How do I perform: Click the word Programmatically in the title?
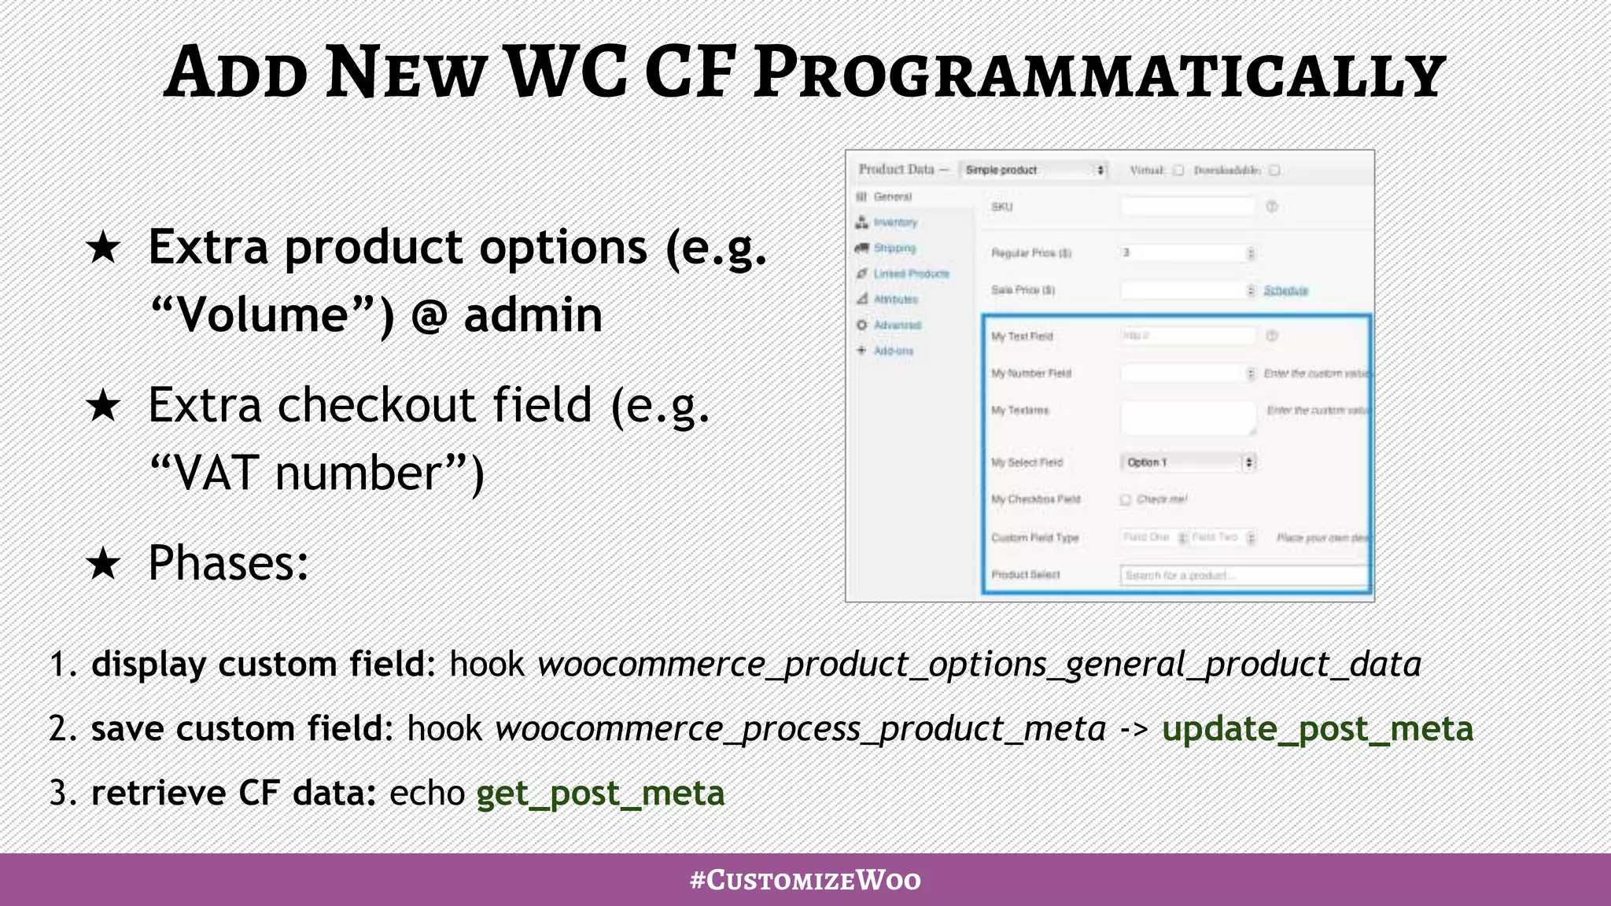coord(1098,73)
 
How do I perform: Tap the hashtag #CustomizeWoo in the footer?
coord(805,879)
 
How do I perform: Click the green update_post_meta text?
coord(1317,728)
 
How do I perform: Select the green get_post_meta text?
coord(600,793)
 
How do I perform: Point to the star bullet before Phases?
coord(103,563)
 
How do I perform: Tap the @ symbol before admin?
coord(429,316)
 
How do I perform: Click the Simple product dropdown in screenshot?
coord(1033,170)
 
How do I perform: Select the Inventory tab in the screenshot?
coord(894,223)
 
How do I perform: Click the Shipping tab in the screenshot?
coord(894,248)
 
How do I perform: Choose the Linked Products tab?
coord(911,274)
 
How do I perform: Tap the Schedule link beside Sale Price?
coord(1285,290)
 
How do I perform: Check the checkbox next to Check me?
coord(1126,499)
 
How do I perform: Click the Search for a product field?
coord(1243,576)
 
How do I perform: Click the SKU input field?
coord(1188,207)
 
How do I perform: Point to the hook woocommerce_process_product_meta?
coord(800,728)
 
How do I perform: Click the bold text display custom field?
coord(259,664)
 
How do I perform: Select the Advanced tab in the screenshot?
coord(897,325)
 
